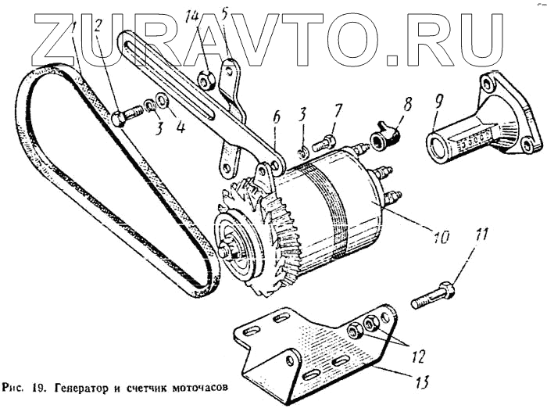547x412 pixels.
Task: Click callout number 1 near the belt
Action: (x=73, y=29)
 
